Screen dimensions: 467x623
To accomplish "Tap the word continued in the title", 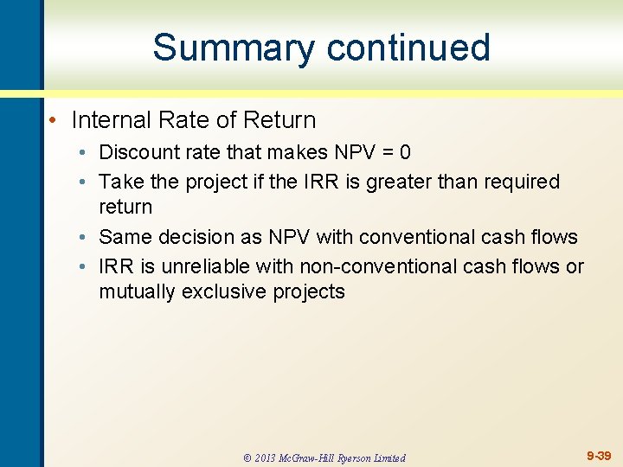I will coord(407,48).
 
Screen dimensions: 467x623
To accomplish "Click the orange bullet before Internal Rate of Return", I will coord(53,120).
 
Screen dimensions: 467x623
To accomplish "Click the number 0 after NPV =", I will coord(405,152).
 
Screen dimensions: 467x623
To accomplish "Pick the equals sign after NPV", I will coord(385,153).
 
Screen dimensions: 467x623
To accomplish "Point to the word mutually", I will coord(137,292).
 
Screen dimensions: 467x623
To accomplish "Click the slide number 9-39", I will coord(599,455).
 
